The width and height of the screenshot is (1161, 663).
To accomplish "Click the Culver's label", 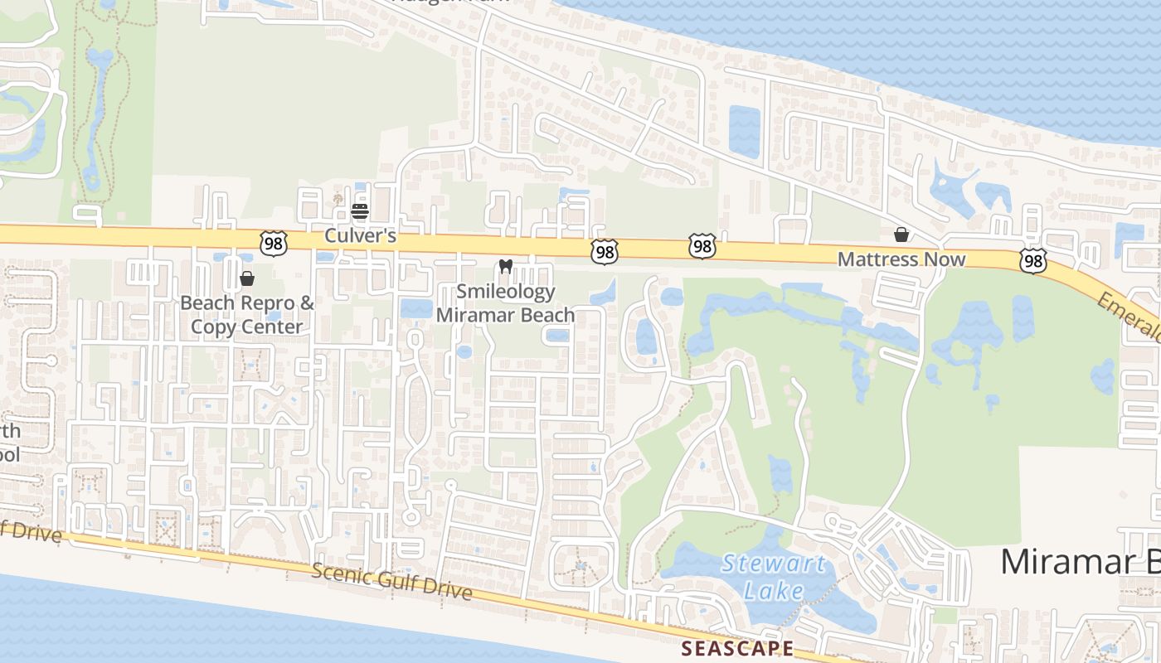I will [360, 235].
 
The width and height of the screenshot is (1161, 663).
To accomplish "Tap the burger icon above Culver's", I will [359, 211].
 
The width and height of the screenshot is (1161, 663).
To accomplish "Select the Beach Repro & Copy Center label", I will [247, 314].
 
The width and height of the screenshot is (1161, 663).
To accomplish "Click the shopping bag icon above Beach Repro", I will [246, 278].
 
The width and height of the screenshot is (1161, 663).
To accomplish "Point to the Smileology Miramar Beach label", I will [505, 303].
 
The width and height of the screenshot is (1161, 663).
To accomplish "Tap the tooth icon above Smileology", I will [505, 267].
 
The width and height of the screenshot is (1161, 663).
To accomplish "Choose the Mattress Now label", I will [901, 259].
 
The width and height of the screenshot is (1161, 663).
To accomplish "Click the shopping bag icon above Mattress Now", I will [901, 235].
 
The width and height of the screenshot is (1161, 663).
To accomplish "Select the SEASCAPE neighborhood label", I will [737, 648].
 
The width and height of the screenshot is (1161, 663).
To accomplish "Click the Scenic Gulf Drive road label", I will [392, 581].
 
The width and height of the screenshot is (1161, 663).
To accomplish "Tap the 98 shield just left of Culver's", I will [273, 243].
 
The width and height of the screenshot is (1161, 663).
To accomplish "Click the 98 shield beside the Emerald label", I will [1033, 262].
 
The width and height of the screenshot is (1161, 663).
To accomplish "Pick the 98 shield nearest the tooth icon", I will [605, 252].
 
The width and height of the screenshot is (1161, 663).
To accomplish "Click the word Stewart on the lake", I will [773, 565].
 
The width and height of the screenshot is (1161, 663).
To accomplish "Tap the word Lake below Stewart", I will [773, 591].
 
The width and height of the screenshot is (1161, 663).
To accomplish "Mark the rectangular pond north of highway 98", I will [744, 131].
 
